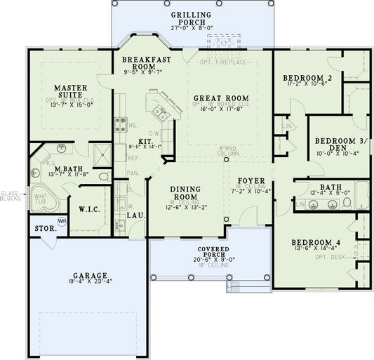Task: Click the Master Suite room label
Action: pyautogui.click(x=71, y=92)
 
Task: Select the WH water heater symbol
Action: pyautogui.click(x=61, y=222)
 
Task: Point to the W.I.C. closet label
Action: pyautogui.click(x=89, y=208)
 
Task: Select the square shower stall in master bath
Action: pyautogui.click(x=101, y=154)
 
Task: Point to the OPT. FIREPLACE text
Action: pyautogui.click(x=224, y=62)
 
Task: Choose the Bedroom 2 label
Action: pyautogui.click(x=307, y=77)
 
